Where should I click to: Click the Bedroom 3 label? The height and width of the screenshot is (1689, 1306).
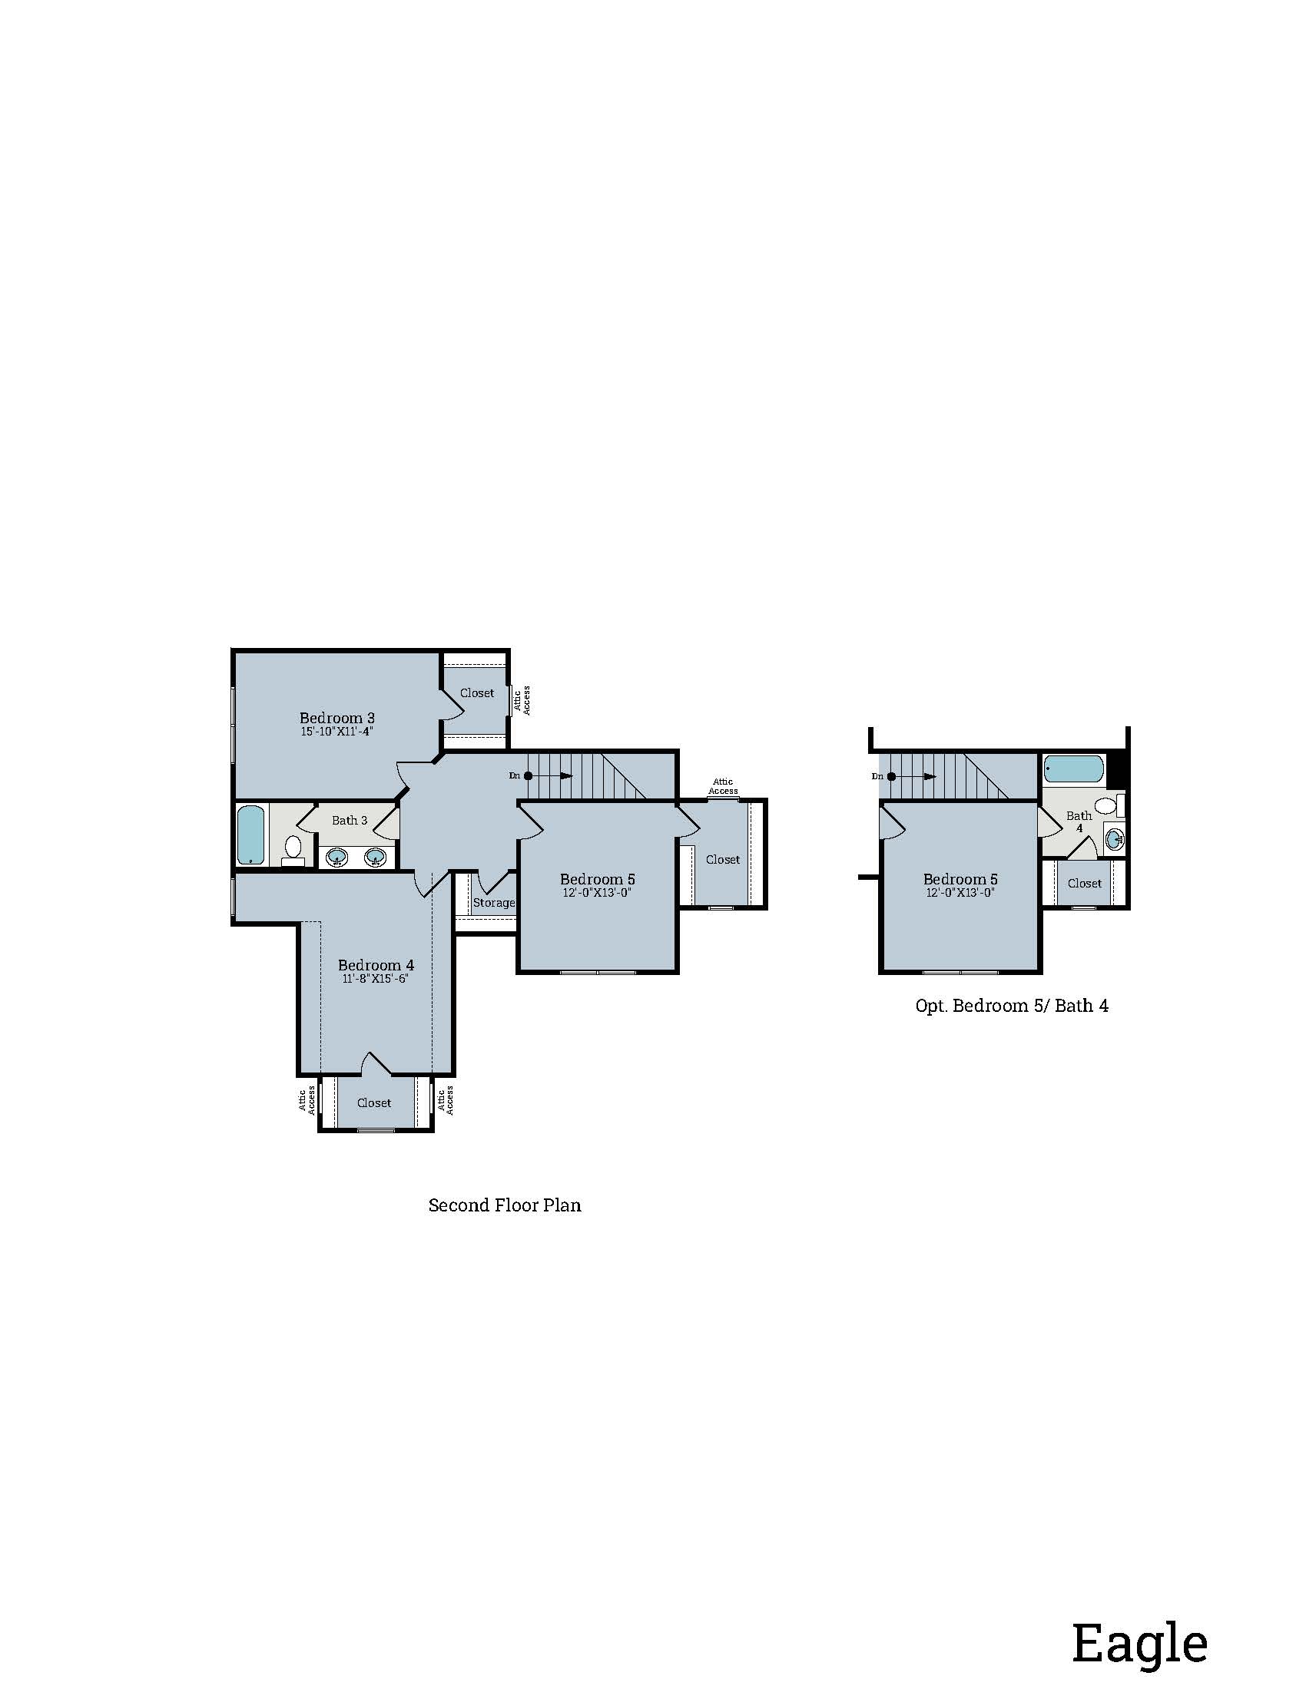(x=336, y=718)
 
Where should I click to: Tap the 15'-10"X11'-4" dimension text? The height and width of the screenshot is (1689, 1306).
(x=336, y=732)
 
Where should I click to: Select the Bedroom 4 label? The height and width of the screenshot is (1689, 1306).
(x=375, y=965)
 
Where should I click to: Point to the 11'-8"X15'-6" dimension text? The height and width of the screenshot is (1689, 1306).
(x=375, y=979)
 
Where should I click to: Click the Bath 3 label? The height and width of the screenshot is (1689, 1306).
(x=349, y=821)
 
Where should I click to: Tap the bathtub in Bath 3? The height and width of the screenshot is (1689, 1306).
(x=250, y=835)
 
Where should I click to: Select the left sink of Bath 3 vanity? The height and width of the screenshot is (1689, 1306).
(x=337, y=857)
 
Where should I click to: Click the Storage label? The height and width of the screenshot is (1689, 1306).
(x=494, y=903)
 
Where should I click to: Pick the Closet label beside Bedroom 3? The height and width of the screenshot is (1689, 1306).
(x=476, y=693)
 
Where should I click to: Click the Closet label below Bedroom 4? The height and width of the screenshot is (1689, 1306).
(x=373, y=1102)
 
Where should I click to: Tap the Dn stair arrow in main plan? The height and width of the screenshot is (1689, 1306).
(x=549, y=775)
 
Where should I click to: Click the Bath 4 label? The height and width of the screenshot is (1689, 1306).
(x=1079, y=821)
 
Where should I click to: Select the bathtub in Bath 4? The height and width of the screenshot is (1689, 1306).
(x=1073, y=768)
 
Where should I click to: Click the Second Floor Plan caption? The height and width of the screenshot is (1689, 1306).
(x=505, y=1205)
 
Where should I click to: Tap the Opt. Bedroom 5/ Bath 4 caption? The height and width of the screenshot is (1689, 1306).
(x=1011, y=1006)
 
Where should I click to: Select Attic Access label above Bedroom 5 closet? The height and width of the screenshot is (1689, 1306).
(x=723, y=785)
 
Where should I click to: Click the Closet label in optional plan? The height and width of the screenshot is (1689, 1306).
(x=1084, y=883)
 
